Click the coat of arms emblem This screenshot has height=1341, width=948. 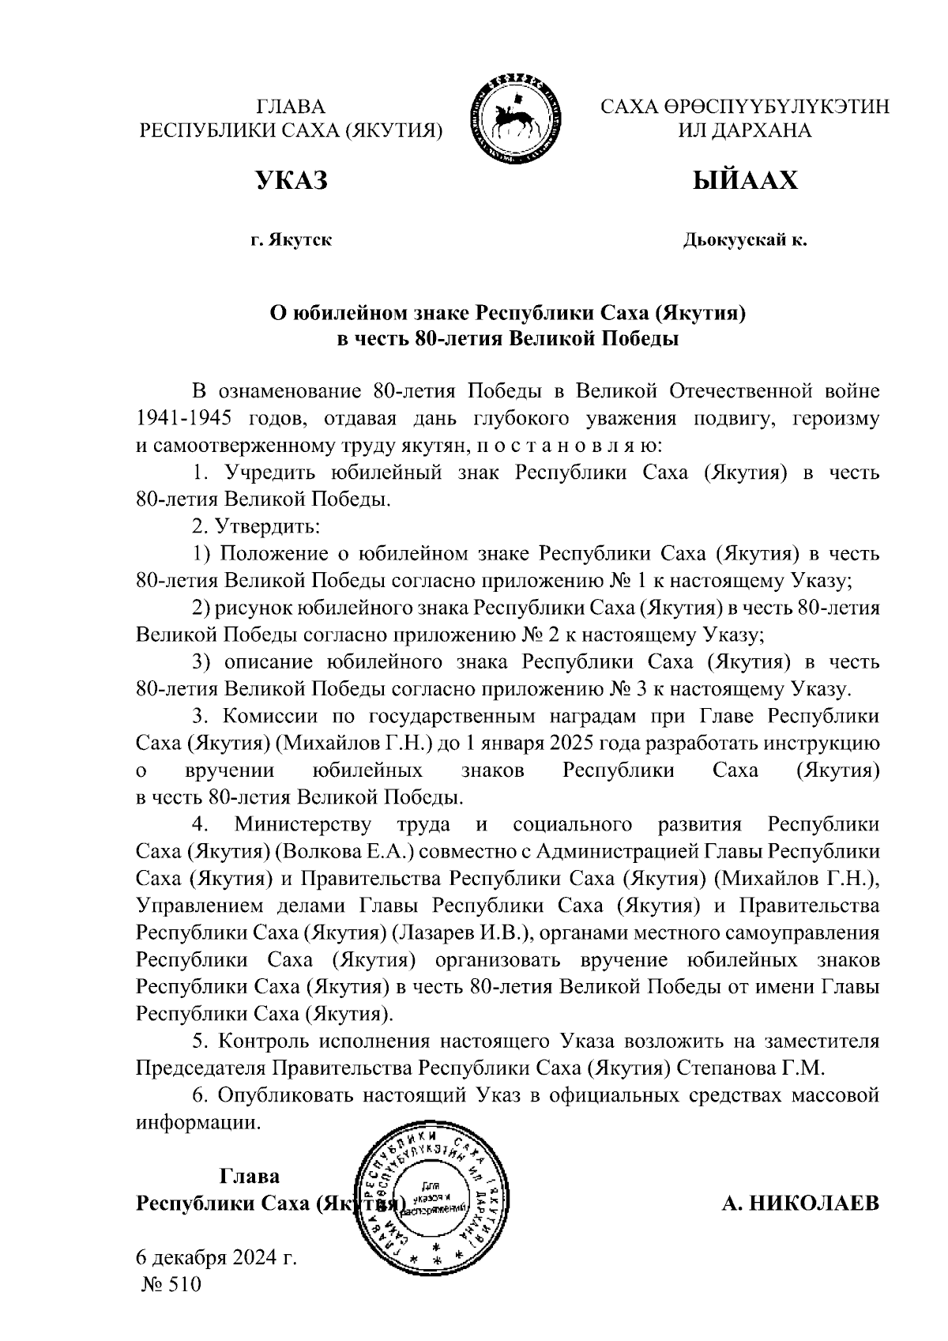coord(517,119)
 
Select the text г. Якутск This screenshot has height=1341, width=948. coord(291,239)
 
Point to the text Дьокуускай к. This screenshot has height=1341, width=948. coord(744,239)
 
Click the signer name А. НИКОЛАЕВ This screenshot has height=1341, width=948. coord(799,1204)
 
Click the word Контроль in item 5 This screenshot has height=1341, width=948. coord(262,1041)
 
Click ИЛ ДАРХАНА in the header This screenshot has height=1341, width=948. coord(744,130)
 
